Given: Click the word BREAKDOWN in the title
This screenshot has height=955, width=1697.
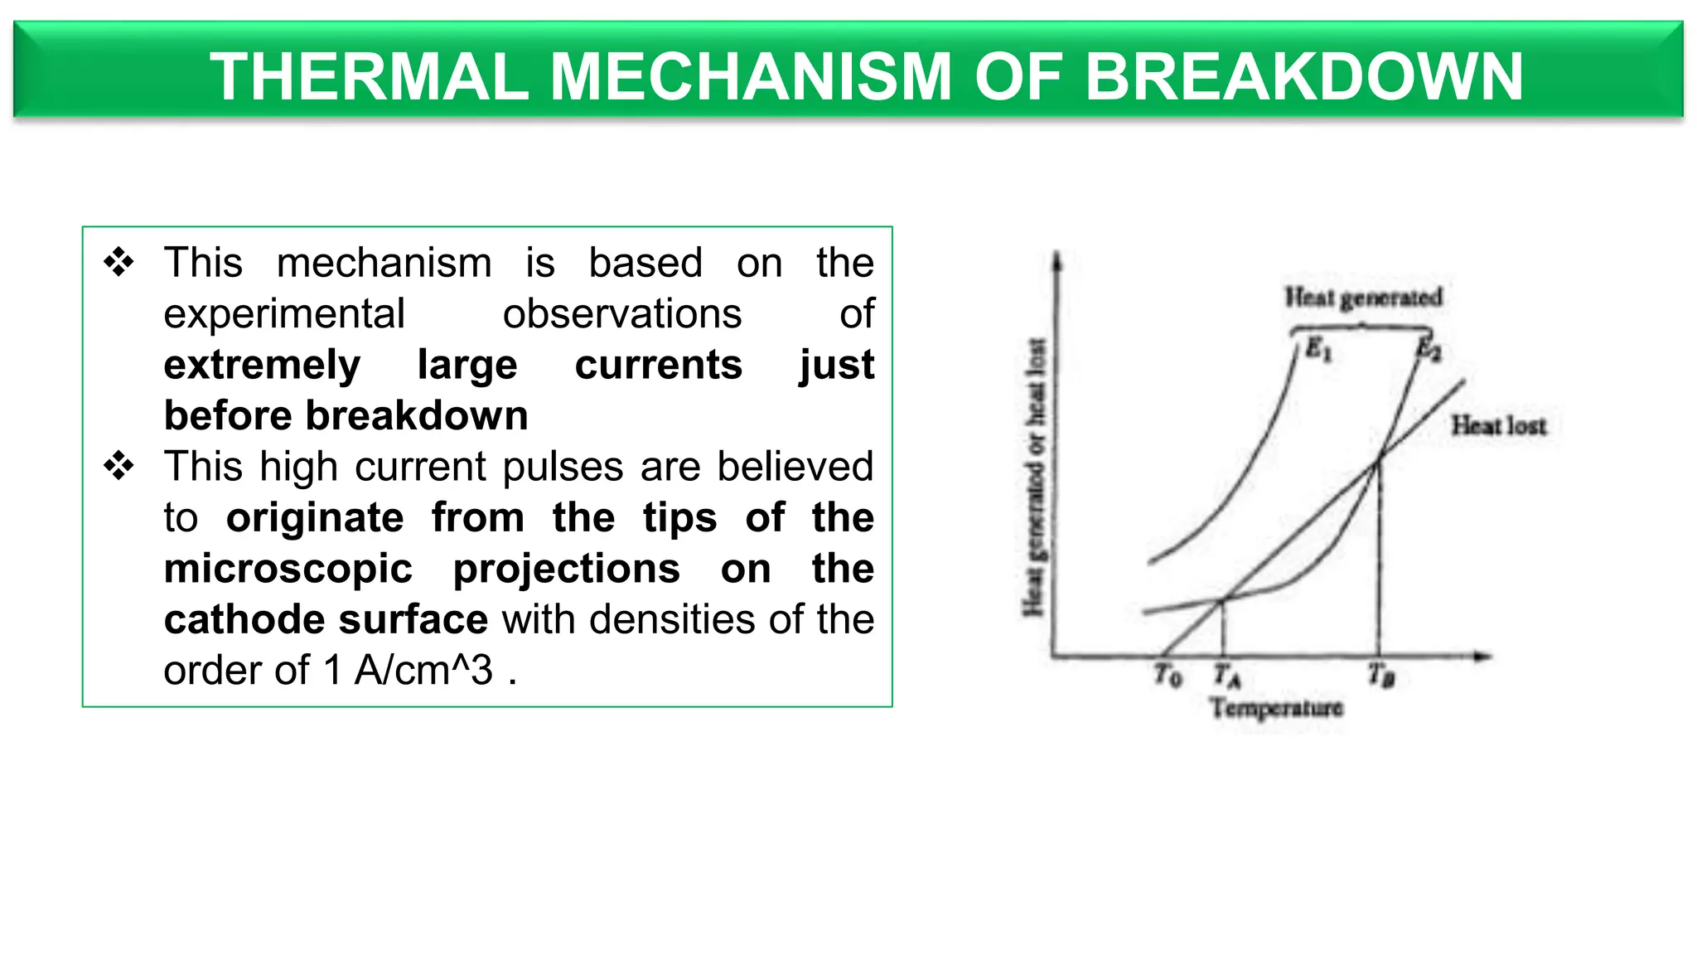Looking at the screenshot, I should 1303,76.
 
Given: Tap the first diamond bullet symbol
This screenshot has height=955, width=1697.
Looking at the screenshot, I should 118,262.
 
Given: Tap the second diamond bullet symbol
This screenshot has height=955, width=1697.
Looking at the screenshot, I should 118,466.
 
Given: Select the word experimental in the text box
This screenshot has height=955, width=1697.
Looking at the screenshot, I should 284,314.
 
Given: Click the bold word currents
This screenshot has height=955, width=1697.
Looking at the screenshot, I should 658,365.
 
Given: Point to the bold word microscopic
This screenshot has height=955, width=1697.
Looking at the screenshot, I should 288,569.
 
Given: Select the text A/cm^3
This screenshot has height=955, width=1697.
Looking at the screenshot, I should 423,671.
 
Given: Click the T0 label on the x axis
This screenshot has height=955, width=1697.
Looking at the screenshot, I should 1168,676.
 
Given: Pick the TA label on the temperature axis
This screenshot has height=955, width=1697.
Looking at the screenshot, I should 1226,676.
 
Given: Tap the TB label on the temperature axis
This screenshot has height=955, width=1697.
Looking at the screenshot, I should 1381,676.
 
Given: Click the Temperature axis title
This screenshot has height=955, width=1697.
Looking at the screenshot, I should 1276,708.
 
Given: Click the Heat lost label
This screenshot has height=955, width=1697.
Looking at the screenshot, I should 1498,426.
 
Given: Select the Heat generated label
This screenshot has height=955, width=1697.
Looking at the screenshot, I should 1363,297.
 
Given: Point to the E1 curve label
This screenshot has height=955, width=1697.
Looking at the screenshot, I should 1318,350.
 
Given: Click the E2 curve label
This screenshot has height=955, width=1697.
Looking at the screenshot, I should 1429,349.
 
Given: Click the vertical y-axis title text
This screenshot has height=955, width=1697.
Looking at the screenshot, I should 1034,477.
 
